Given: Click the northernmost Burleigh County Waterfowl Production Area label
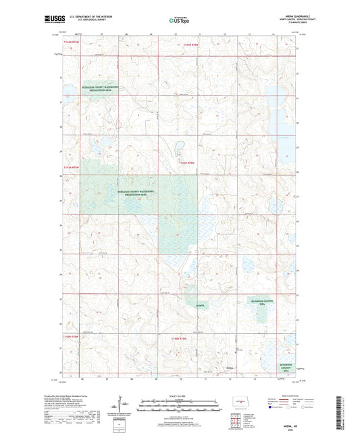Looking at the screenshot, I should (x=101, y=89).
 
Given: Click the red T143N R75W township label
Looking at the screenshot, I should (x=186, y=163).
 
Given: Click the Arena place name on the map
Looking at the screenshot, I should (x=230, y=368).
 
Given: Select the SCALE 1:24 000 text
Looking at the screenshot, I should (x=180, y=396).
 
